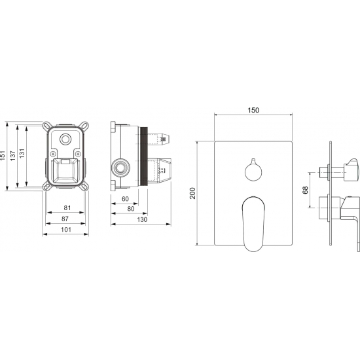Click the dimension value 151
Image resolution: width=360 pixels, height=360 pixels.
tap(3, 155)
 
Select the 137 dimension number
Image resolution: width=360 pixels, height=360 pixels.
tap(13, 155)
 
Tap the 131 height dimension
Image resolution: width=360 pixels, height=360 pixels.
tap(22, 153)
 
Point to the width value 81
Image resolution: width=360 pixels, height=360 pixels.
tap(67, 207)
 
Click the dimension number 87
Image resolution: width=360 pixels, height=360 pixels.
tap(65, 219)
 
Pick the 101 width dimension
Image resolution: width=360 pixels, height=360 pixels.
tap(66, 229)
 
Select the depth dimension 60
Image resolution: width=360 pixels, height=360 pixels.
tap(125, 199)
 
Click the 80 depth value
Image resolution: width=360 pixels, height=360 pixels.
tap(131, 209)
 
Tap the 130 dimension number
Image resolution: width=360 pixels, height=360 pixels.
tap(142, 219)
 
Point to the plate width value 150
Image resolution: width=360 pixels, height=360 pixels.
tap(253, 110)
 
